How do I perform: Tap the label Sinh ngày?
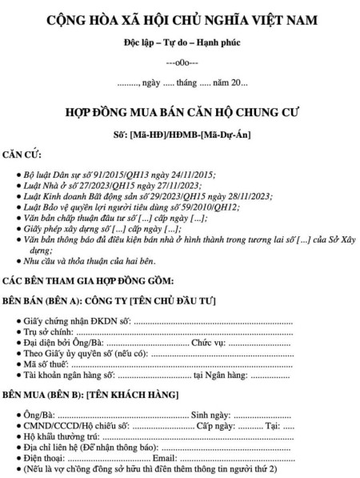coord(210,415)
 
